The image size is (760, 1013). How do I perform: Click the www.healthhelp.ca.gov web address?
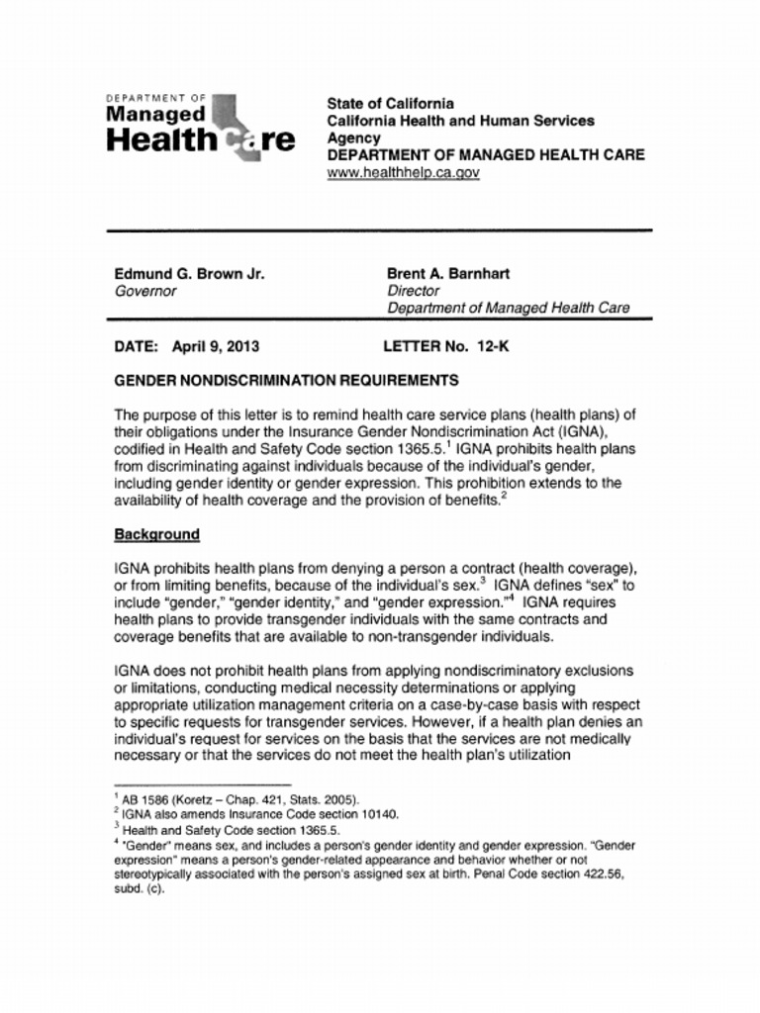(403, 172)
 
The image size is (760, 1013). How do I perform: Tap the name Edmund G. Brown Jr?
(189, 274)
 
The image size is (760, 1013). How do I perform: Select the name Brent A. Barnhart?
(447, 274)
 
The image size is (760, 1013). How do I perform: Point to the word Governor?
(145, 291)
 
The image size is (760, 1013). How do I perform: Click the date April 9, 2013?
(216, 347)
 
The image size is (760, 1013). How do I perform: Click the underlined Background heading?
(156, 534)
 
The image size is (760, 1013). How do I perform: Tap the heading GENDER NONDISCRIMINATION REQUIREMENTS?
(286, 380)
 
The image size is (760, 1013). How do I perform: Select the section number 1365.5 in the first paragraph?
(416, 449)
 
